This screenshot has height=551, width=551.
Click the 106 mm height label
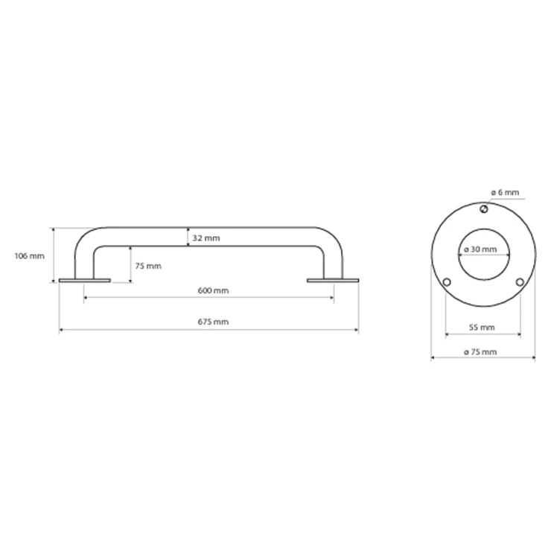coord(30,256)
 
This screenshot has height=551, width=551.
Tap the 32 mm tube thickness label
coord(206,238)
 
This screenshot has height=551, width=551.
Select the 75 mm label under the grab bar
coord(148,266)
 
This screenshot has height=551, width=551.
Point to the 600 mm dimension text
coord(213,290)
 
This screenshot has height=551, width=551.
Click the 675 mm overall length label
coord(213,322)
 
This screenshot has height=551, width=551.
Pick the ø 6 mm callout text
coord(505,192)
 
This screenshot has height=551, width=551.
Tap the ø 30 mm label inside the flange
coord(480,249)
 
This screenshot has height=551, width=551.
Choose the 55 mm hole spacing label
coord(482,328)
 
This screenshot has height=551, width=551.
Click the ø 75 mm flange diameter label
coord(480,351)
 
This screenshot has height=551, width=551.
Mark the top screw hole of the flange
coord(484,209)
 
